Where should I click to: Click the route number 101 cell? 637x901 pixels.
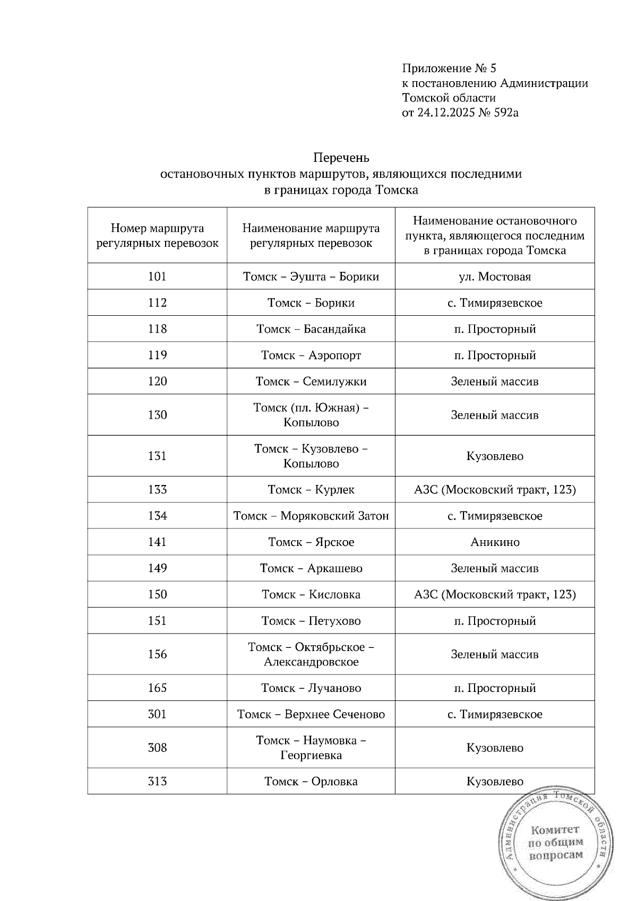[x=157, y=276]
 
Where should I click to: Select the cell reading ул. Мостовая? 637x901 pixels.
[x=495, y=276]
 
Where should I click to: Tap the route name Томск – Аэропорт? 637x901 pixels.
[x=311, y=355]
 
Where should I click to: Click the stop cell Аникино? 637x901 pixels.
[x=495, y=542]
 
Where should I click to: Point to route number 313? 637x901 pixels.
[x=157, y=781]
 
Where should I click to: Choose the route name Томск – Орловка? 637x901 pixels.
[x=311, y=781]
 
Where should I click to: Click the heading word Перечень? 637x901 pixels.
[x=341, y=158]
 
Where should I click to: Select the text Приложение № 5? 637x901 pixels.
[x=449, y=68]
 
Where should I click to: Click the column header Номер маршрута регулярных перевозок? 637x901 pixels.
[x=157, y=236]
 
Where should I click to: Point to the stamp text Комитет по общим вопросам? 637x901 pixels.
[x=555, y=842]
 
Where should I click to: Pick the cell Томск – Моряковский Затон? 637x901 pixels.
[x=311, y=516]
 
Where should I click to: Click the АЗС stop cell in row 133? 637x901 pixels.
[x=495, y=489]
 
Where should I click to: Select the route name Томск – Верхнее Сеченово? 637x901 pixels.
[x=311, y=714]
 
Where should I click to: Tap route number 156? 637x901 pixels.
[x=157, y=654]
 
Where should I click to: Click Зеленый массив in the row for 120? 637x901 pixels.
[x=495, y=382]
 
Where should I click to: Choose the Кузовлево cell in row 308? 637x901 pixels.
[x=495, y=748]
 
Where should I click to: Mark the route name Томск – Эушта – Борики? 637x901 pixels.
[x=311, y=276]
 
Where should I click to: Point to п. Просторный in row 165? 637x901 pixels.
[x=495, y=688]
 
